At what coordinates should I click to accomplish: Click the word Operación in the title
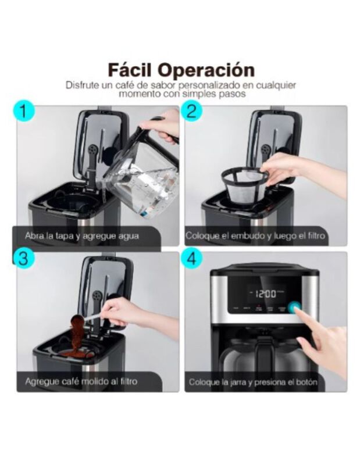(209, 70)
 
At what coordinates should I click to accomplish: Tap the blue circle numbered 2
(194, 112)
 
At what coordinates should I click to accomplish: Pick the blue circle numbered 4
(194, 259)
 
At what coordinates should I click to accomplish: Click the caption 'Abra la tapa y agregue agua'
(81, 237)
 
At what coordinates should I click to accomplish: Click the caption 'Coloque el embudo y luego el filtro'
(255, 237)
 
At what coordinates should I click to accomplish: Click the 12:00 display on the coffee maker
(263, 294)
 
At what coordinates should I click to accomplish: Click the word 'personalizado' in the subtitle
(212, 85)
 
